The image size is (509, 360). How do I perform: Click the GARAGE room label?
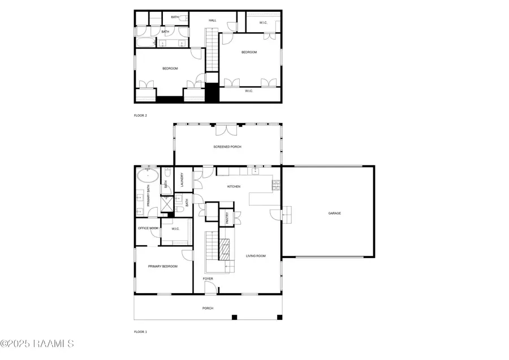click(x=335, y=213)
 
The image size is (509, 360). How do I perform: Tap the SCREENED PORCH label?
click(x=227, y=147)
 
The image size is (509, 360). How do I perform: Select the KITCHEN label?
click(x=234, y=186)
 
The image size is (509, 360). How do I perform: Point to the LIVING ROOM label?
click(x=256, y=256)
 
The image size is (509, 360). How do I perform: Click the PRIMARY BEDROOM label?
click(x=162, y=267)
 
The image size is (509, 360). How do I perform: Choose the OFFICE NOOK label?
click(x=148, y=228)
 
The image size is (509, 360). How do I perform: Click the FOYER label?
click(x=208, y=278)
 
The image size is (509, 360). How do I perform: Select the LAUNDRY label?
click(x=182, y=179)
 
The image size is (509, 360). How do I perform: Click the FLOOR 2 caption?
click(x=140, y=115)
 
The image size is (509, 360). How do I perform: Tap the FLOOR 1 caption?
click(x=140, y=332)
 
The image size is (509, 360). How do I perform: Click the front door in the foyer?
click(x=209, y=289)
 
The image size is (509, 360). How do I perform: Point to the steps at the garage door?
click(x=288, y=214)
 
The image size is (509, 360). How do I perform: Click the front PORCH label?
click(x=208, y=308)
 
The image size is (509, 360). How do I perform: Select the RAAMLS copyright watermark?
click(x=37, y=344)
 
